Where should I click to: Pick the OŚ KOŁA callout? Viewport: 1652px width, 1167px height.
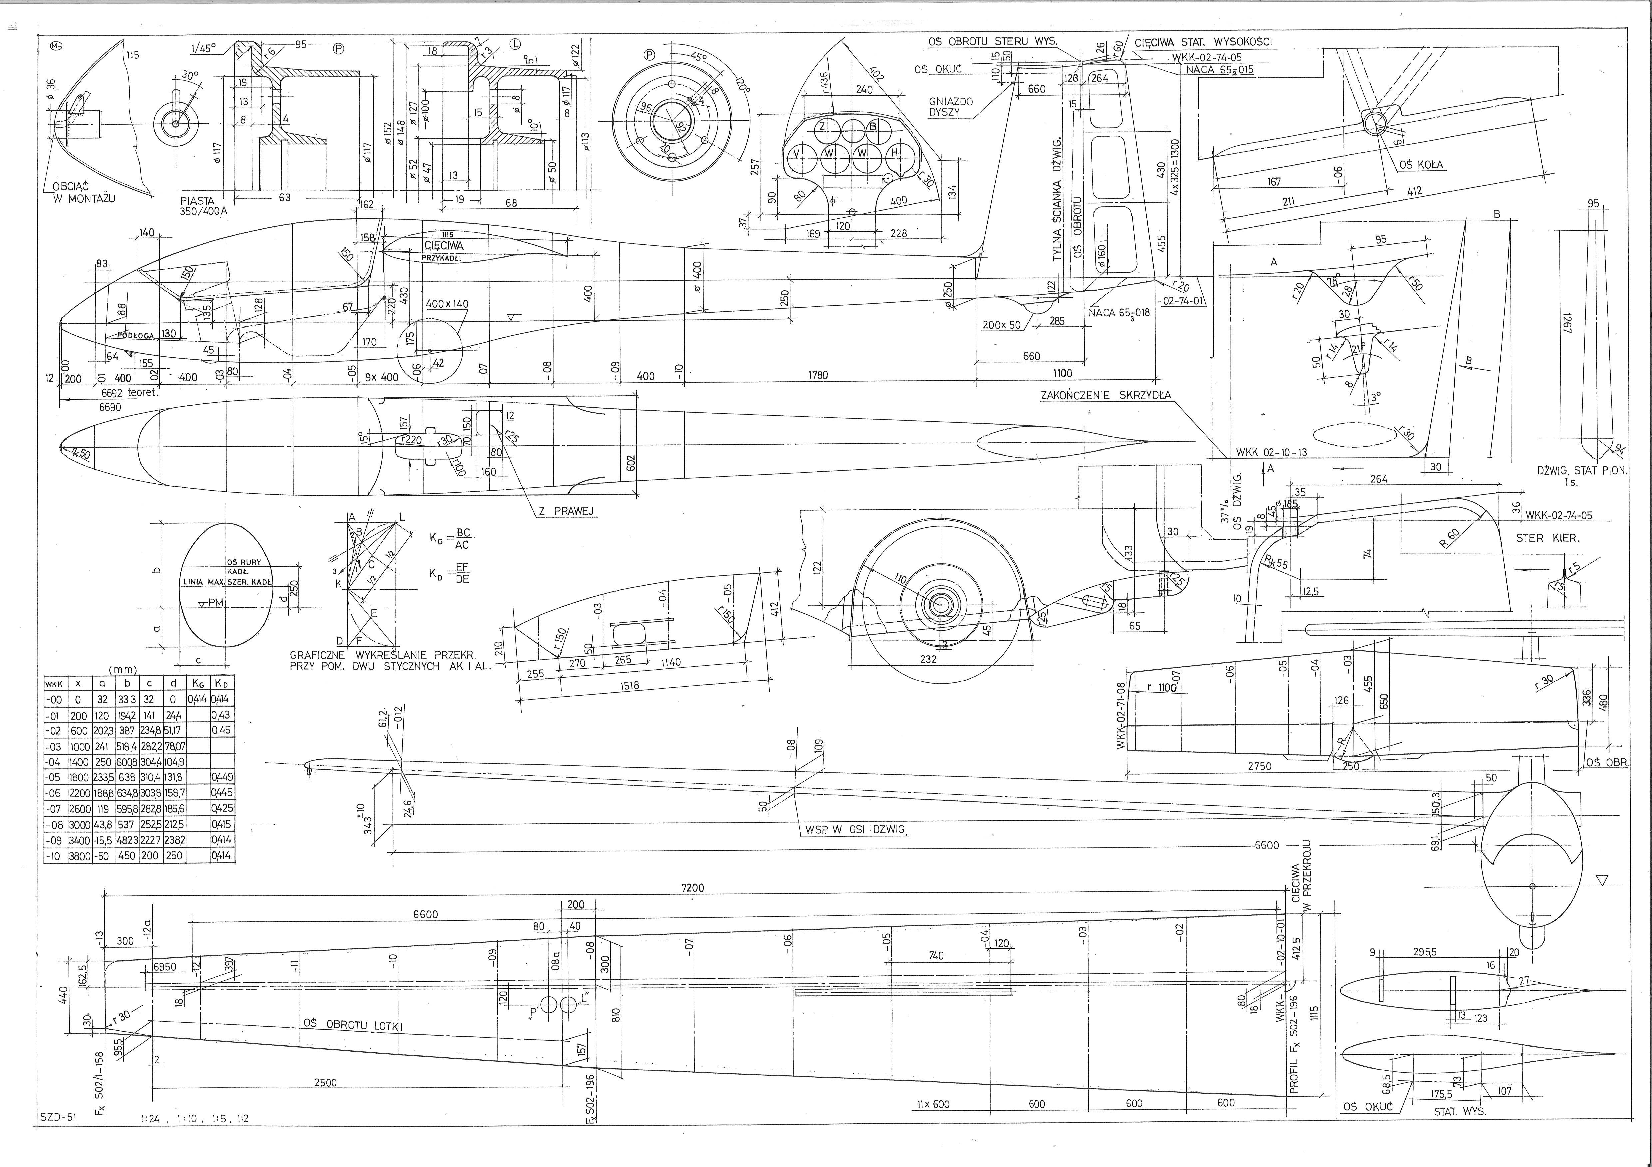1421,165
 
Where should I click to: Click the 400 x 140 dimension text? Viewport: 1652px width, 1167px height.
447,304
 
